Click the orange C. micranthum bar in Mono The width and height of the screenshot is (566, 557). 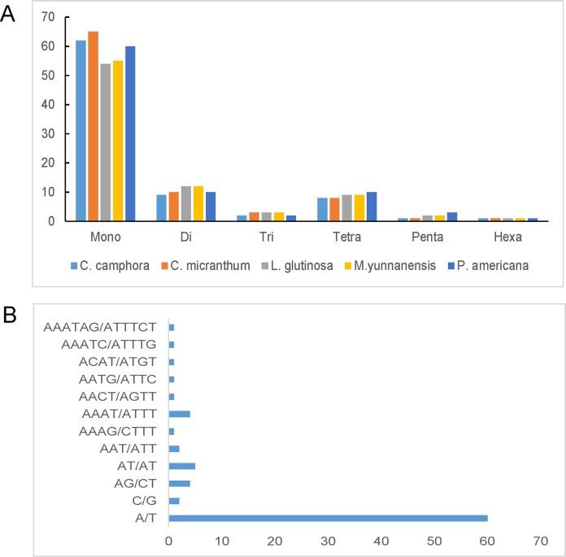pyautogui.click(x=94, y=126)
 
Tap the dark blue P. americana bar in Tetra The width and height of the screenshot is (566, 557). pyautogui.click(x=373, y=207)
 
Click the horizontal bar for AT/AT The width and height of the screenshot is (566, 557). pyautogui.click(x=181, y=467)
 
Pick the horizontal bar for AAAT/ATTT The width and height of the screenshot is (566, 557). pyautogui.click(x=179, y=414)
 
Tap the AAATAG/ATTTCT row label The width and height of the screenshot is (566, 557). pyautogui.click(x=102, y=328)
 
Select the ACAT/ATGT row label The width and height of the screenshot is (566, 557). pyautogui.click(x=117, y=362)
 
